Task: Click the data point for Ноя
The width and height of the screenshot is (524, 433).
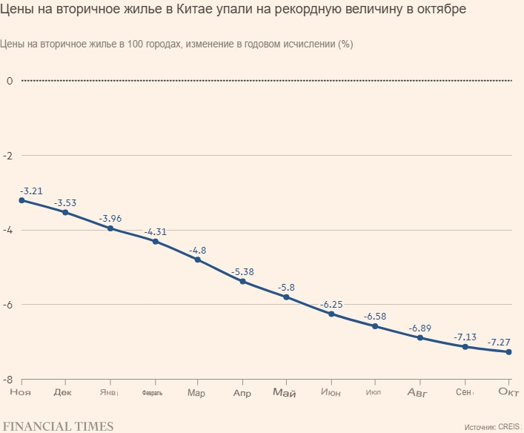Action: (x=21, y=200)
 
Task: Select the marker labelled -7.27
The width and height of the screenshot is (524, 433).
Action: (x=508, y=352)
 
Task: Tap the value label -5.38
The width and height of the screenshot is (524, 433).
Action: (x=243, y=272)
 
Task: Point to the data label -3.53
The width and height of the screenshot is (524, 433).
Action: (x=65, y=202)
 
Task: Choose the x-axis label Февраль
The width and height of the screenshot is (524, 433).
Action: (x=152, y=392)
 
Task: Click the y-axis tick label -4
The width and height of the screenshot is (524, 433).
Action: (x=9, y=231)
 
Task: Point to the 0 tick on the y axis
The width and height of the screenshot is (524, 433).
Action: (x=9, y=80)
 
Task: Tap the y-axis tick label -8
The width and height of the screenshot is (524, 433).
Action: (x=9, y=380)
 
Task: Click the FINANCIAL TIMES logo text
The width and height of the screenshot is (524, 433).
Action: (x=57, y=426)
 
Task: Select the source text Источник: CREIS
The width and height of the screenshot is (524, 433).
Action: (x=492, y=427)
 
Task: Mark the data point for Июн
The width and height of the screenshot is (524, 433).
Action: (x=331, y=314)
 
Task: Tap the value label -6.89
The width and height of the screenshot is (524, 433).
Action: (x=419, y=328)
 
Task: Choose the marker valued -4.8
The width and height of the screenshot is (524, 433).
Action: (x=198, y=260)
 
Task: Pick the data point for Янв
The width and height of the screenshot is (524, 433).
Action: (x=110, y=228)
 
